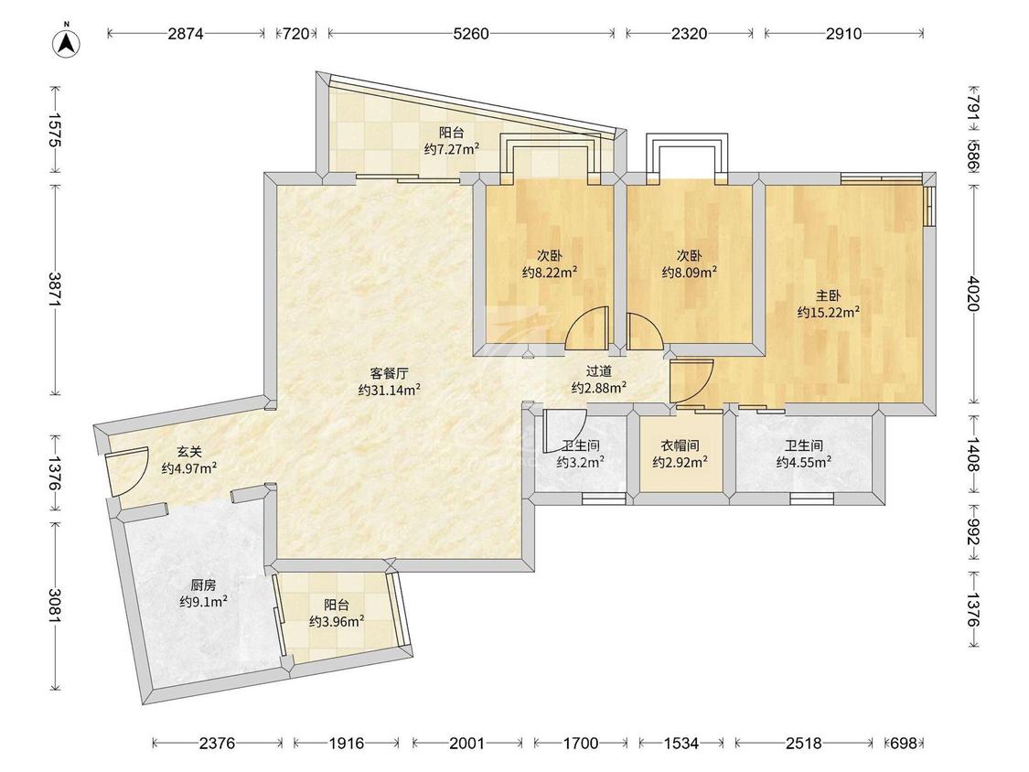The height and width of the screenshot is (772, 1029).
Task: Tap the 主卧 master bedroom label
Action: tap(828, 296)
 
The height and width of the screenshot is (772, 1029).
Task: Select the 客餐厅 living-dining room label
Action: tap(389, 373)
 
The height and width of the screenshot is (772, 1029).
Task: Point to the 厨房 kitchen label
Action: tap(203, 584)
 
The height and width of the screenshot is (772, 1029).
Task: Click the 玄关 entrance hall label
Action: tap(189, 452)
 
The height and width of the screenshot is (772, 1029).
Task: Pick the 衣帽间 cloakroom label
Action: tap(680, 445)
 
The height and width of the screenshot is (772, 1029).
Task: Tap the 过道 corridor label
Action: tap(598, 371)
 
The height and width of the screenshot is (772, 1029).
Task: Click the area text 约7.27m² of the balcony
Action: tap(452, 149)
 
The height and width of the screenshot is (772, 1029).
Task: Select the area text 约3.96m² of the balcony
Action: tap(337, 621)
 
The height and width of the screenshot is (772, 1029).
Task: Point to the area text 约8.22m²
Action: tap(550, 272)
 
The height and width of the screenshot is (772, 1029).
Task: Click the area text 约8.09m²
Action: tap(689, 272)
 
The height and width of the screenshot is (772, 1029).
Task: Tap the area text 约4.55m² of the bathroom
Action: tap(804, 462)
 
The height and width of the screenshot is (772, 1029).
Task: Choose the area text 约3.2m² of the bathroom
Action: tap(581, 462)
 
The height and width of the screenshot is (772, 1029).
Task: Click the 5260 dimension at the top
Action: tap(471, 34)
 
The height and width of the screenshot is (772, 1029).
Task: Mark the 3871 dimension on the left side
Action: tap(55, 289)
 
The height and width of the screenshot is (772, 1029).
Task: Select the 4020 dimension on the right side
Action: tap(973, 294)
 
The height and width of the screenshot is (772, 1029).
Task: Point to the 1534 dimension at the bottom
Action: tap(681, 743)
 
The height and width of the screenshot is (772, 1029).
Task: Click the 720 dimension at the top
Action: tap(296, 34)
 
